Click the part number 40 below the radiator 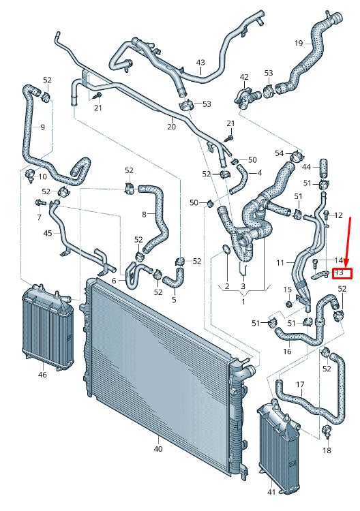[x=158, y=449]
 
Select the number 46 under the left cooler [x=42, y=374]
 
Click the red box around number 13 [x=342, y=274]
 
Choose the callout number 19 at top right [x=298, y=44]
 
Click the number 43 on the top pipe [x=200, y=63]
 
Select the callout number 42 [x=244, y=77]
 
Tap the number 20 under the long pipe [x=171, y=127]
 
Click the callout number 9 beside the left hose [x=42, y=127]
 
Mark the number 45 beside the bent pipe [x=47, y=233]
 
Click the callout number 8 [x=144, y=215]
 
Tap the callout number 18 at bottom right [x=327, y=450]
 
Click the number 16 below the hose [x=287, y=352]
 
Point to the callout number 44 [x=306, y=167]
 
